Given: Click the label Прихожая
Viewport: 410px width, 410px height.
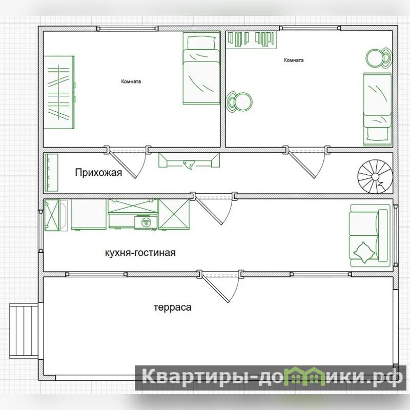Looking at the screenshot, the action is (98, 173).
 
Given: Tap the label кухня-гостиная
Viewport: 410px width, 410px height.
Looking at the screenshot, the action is (140, 253).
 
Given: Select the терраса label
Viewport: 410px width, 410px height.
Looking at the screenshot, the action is (172, 307).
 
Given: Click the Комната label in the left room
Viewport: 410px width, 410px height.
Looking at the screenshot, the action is (131, 81).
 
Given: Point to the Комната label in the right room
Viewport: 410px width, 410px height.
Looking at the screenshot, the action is (294, 60).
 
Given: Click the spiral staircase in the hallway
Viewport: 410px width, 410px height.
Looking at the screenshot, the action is (375, 177).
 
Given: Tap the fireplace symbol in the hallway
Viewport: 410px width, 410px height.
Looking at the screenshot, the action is (189, 160).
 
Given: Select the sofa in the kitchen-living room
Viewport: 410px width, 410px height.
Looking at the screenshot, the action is (370, 236).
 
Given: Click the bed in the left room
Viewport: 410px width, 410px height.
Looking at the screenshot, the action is (201, 68).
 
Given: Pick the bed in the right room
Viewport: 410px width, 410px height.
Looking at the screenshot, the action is (377, 109).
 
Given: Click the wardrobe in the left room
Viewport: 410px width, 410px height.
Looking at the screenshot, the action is (59, 92).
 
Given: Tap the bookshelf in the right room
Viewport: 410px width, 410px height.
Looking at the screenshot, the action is (251, 40).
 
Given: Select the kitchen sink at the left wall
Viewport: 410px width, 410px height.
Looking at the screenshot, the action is (56, 215).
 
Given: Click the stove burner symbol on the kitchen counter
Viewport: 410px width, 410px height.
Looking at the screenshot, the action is (146, 222).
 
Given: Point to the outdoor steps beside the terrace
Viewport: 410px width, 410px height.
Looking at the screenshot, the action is (24, 331).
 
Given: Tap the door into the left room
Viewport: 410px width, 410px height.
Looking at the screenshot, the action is (127, 162).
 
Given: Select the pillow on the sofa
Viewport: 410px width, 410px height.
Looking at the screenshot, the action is (364, 252).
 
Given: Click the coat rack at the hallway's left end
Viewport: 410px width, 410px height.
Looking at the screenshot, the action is (51, 173).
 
